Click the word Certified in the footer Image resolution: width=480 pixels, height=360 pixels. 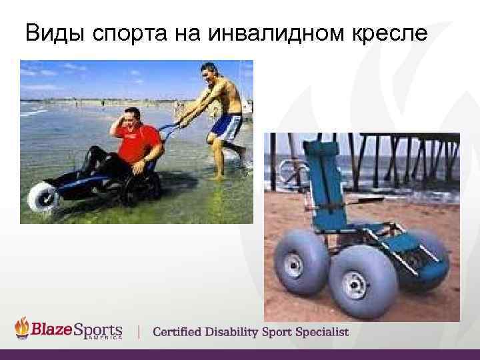pos(181,331)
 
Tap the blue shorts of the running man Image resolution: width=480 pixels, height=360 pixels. pos(227,126)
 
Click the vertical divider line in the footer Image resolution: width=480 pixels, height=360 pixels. pos(139,331)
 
